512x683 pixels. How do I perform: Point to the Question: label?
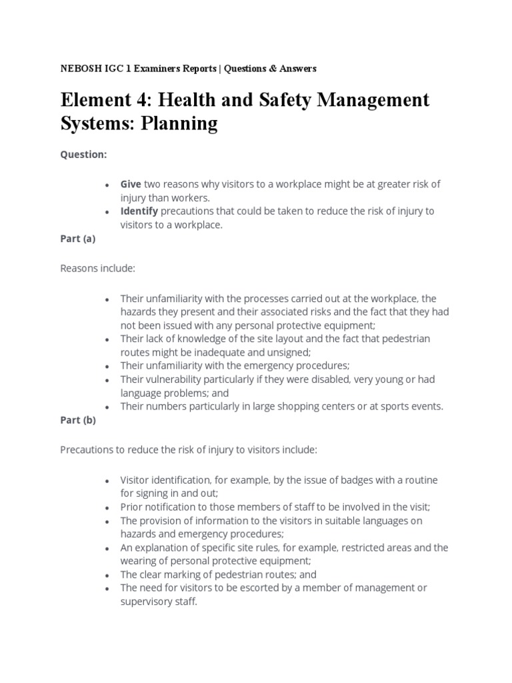83,154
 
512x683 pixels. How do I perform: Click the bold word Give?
130,184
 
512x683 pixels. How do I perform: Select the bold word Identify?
139,211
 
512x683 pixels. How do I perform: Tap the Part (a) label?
78,238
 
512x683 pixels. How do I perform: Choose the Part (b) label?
79,420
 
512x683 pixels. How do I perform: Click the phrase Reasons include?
97,268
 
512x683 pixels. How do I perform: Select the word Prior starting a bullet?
131,507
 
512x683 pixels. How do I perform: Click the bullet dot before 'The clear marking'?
107,575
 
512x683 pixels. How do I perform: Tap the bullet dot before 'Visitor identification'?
107,481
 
